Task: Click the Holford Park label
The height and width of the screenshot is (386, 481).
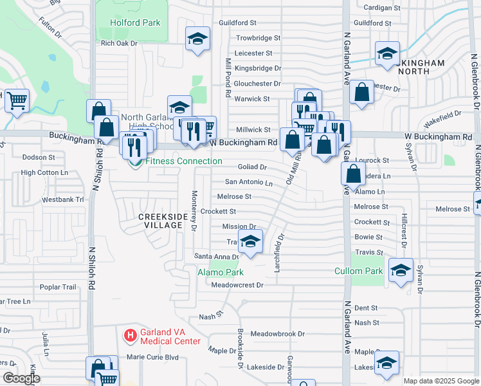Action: pyautogui.click(x=135, y=23)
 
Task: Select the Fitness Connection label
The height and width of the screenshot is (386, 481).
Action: pyautogui.click(x=184, y=161)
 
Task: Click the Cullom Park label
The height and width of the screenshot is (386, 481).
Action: pyautogui.click(x=358, y=271)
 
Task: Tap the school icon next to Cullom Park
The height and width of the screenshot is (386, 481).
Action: pyautogui.click(x=401, y=271)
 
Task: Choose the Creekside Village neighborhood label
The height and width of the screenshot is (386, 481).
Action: pyautogui.click(x=161, y=221)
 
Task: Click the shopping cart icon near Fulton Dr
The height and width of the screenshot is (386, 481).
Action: pyautogui.click(x=17, y=100)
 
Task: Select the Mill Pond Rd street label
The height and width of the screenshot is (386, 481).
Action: pyautogui.click(x=228, y=77)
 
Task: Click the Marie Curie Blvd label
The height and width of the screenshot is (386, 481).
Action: pyautogui.click(x=152, y=357)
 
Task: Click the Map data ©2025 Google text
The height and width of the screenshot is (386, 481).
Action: pyautogui.click(x=440, y=381)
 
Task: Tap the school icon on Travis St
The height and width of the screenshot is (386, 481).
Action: pyautogui.click(x=251, y=242)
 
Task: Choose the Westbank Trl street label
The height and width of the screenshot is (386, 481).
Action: pyautogui.click(x=63, y=199)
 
